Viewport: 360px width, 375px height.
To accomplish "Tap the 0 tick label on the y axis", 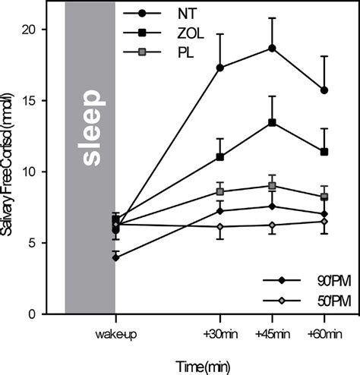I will (x=47, y=314).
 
